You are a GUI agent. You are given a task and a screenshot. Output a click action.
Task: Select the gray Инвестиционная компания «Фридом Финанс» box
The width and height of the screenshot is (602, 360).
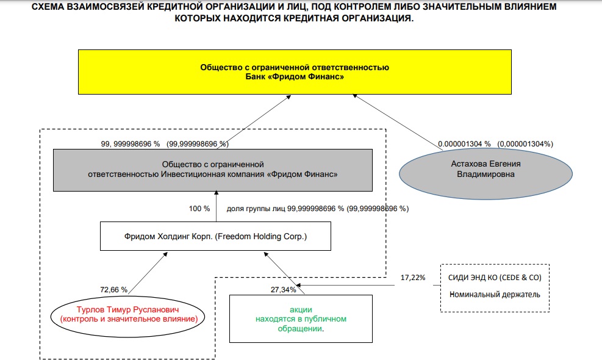point(212,169)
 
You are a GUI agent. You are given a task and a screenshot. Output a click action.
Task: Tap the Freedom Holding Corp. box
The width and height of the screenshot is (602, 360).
point(216,236)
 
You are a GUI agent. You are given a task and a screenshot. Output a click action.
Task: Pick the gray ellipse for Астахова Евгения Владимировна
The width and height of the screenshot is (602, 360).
point(486,169)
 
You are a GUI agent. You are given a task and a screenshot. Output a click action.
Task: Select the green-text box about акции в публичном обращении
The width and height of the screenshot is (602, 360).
point(301,319)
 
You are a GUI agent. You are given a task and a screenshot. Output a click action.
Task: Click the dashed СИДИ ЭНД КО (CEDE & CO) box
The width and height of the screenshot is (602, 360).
point(495,287)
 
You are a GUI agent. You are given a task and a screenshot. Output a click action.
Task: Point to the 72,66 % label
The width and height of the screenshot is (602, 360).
point(113,289)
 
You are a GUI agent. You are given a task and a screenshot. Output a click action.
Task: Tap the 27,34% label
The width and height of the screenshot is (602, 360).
point(283,289)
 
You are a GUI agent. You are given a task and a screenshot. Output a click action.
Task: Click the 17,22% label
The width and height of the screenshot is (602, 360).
point(413,278)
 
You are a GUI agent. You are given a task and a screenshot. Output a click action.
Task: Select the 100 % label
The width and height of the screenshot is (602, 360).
point(199,209)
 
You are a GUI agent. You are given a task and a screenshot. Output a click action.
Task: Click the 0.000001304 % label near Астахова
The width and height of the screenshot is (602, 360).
point(464,144)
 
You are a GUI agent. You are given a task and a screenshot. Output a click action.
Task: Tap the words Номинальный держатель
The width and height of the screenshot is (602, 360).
point(495,295)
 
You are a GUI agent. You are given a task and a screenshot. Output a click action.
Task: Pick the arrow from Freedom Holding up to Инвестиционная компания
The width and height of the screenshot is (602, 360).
point(215,207)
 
